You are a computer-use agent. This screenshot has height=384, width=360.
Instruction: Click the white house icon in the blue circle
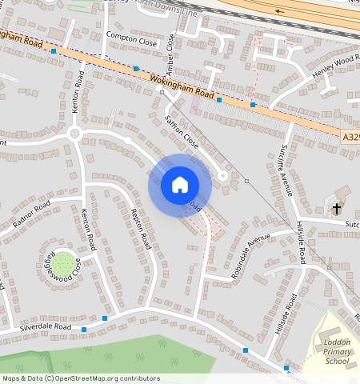180,185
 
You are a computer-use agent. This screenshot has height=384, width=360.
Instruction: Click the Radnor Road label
30,214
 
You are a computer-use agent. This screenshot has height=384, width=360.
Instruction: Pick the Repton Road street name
141,228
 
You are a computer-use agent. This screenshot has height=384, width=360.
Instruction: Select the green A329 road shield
350,137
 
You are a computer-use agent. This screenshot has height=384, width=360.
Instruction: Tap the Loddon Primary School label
338,352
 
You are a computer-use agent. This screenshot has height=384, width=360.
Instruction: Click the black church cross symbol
337,209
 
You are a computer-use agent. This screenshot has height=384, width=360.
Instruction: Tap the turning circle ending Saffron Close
223,175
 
